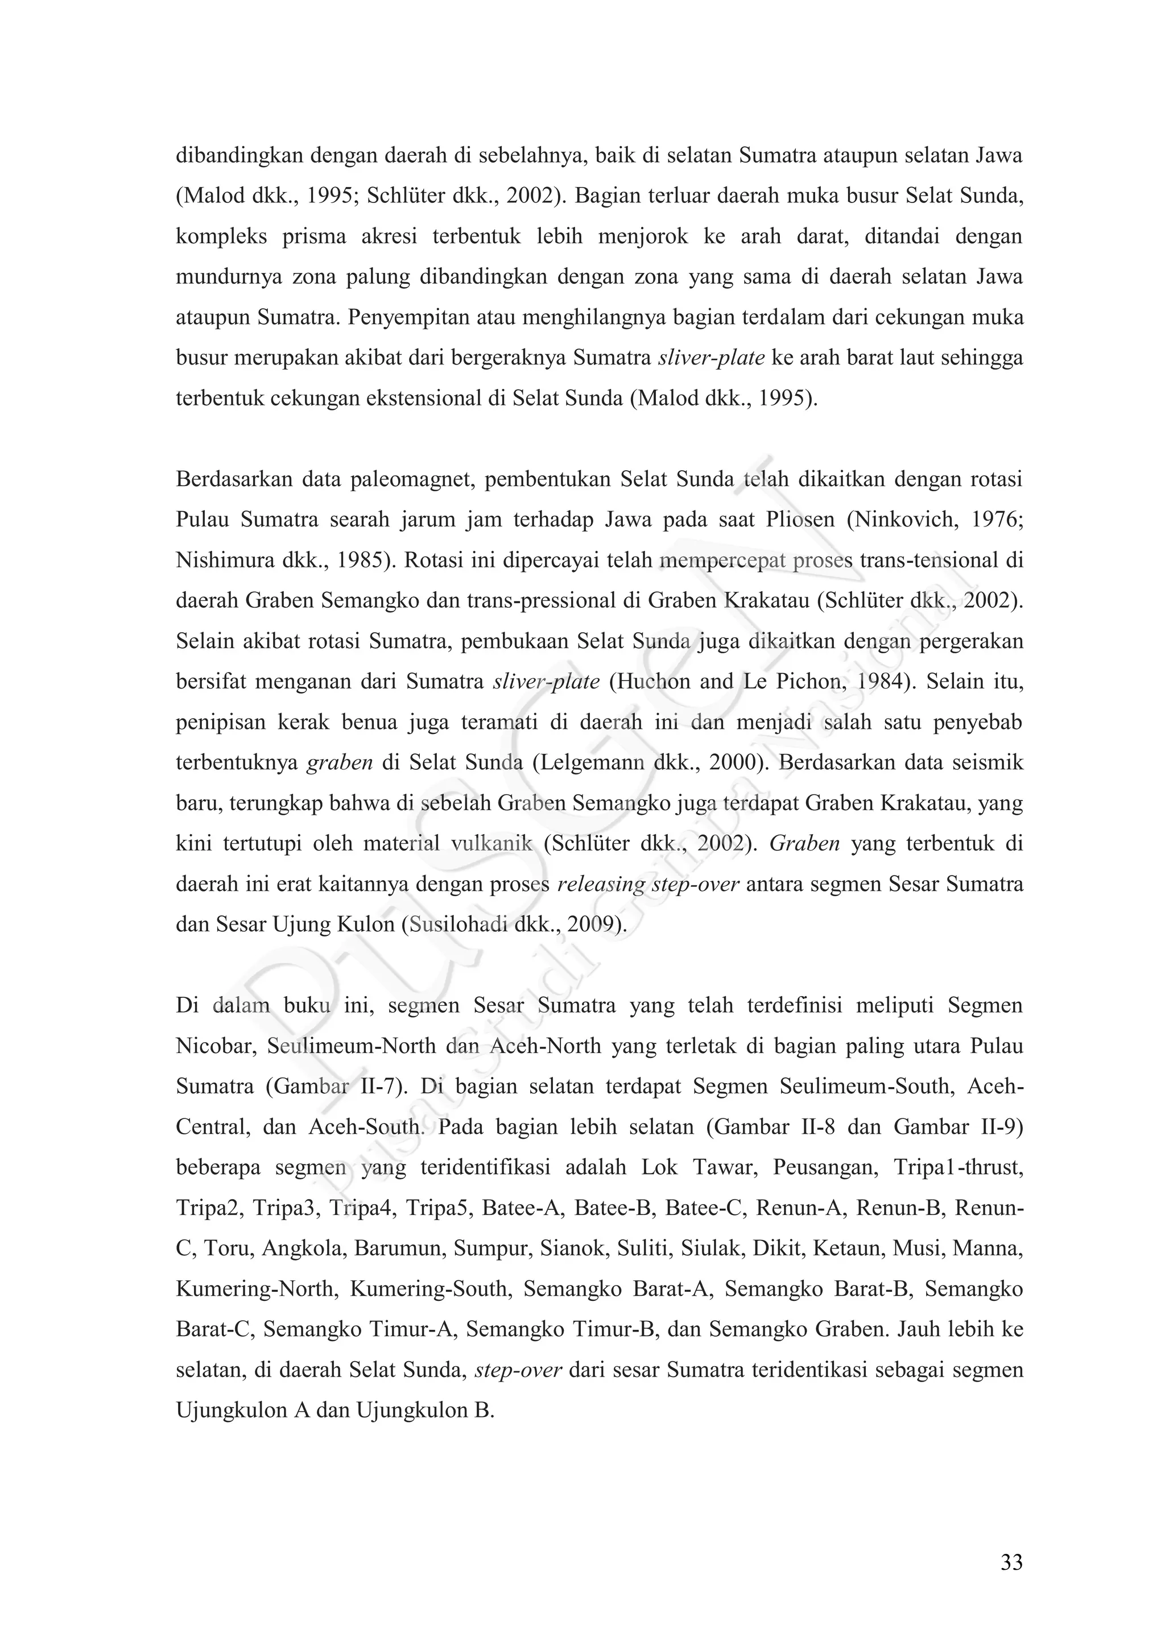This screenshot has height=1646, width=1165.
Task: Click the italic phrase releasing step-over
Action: [648, 884]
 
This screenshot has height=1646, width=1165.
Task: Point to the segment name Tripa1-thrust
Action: [959, 1168]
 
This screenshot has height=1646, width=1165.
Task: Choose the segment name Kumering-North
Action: [255, 1289]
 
